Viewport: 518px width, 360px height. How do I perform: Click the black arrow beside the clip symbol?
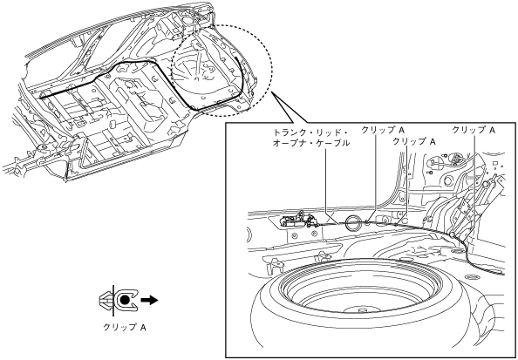(x=149, y=300)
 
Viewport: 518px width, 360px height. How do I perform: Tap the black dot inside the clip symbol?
(x=124, y=300)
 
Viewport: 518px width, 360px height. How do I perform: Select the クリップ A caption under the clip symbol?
(x=125, y=327)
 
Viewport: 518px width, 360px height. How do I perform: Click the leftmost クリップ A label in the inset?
(x=383, y=130)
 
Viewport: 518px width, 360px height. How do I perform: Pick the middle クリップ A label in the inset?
(x=414, y=141)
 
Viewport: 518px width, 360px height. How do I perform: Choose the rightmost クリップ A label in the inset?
(x=474, y=130)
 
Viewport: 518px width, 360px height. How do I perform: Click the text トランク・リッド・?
(x=310, y=133)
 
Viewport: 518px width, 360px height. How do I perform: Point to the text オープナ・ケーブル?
(x=310, y=144)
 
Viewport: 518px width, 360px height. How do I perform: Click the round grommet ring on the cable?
(x=353, y=222)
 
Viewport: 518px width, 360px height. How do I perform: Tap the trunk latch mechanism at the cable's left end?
(x=296, y=219)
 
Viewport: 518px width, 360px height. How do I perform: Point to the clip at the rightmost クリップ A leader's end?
(x=452, y=234)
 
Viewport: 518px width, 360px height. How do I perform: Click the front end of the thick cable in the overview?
(x=41, y=97)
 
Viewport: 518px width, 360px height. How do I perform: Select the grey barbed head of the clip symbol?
(x=106, y=300)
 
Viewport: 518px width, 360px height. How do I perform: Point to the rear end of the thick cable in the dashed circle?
(x=235, y=58)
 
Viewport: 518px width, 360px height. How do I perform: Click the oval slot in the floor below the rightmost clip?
(x=458, y=252)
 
